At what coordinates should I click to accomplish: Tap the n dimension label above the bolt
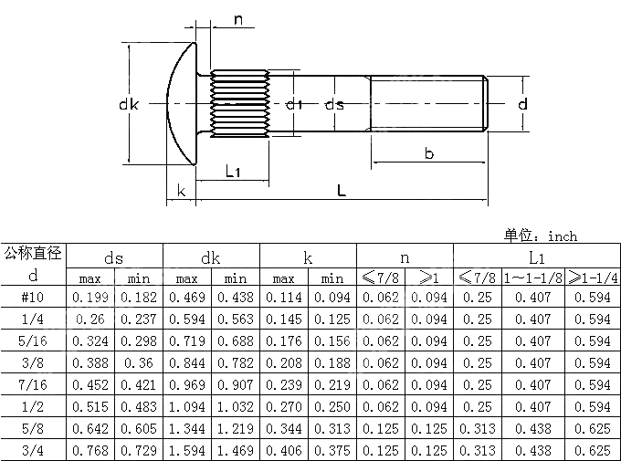coord(238,20)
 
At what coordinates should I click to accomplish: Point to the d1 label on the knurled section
coord(293,105)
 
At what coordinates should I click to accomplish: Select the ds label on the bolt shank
coord(334,105)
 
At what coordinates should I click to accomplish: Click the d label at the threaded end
coord(522,105)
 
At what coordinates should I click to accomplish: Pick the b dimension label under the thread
coord(428,153)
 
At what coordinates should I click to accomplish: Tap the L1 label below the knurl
coord(233,171)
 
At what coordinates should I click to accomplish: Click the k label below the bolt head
coord(182,190)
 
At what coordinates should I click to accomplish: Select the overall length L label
coord(341,190)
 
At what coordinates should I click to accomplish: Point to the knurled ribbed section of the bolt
coord(238,105)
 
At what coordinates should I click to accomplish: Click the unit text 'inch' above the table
coord(563,236)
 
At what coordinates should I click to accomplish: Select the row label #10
coord(34,297)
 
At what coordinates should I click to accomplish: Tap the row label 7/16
coord(34,384)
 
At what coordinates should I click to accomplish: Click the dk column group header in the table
coord(211,257)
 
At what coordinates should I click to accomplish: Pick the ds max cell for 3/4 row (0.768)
coord(89,450)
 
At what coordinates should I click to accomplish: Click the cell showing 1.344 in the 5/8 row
coord(186,428)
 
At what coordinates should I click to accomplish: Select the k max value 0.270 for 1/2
coord(283,406)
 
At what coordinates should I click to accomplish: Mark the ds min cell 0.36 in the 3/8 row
coord(138,362)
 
